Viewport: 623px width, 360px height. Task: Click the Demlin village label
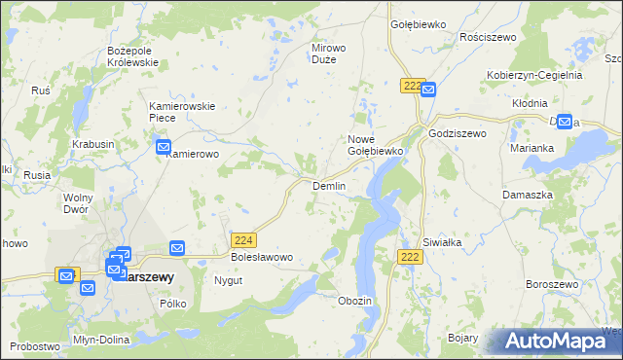click(x=328, y=185)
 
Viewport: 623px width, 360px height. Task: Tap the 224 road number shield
click(x=244, y=239)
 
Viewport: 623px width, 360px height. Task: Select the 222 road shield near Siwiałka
click(x=410, y=255)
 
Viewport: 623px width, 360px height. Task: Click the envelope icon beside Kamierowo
click(x=164, y=147)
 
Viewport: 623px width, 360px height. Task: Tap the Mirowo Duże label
click(x=328, y=53)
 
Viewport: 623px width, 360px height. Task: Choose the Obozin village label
click(x=354, y=301)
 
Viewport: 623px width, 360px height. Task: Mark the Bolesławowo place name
click(x=262, y=258)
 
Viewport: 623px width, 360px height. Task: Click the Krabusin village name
click(x=93, y=144)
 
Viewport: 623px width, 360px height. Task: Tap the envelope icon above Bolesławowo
click(x=177, y=248)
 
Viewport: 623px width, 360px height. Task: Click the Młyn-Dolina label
click(x=95, y=341)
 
